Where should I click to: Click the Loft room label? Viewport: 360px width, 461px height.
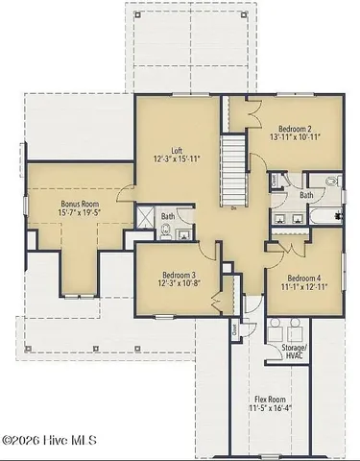177,150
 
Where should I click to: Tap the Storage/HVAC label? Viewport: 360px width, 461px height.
294,351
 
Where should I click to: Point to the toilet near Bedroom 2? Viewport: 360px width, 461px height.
331,181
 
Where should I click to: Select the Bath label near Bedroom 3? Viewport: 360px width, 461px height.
168,216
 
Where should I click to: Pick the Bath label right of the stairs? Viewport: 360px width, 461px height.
305,195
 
